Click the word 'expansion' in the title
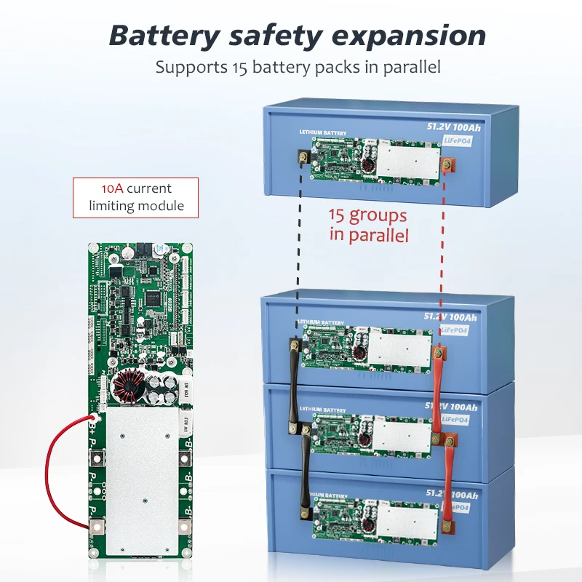[412, 35]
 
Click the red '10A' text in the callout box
[112, 188]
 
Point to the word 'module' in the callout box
[159, 206]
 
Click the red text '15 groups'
[367, 216]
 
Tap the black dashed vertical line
[298, 247]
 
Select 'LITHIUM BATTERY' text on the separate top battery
[323, 134]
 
